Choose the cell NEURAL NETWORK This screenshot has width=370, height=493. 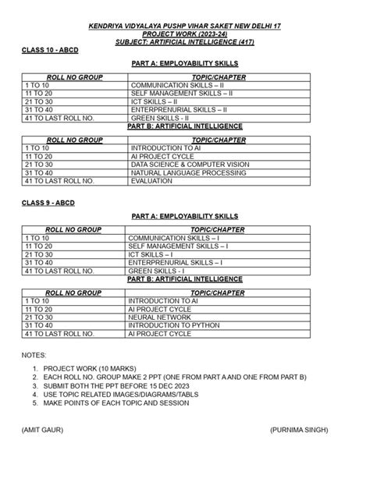pyautogui.click(x=159, y=318)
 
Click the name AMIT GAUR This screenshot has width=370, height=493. pyautogui.click(x=44, y=430)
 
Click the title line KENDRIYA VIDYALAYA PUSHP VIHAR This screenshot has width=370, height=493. pyautogui.click(x=185, y=27)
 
